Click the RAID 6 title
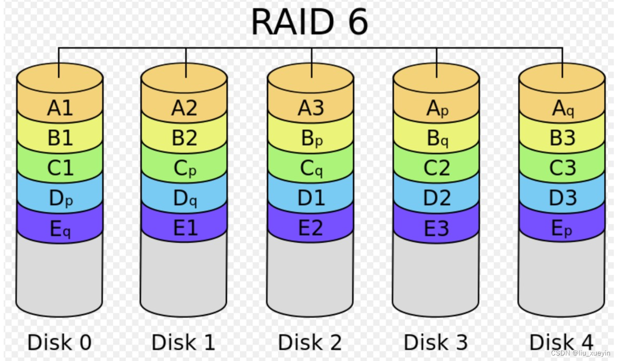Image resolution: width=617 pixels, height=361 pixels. [309, 22]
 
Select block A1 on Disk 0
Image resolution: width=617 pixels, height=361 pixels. [60, 108]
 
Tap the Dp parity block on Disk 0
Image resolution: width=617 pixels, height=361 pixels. [60, 198]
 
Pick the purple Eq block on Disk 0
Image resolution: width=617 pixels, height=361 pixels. [60, 228]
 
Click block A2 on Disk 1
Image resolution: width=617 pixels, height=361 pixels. [185, 108]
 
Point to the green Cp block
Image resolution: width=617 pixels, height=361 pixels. [185, 169]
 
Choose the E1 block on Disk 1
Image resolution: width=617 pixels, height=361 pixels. [185, 228]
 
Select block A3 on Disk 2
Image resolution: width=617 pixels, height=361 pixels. [311, 108]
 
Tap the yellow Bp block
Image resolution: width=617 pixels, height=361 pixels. [311, 139]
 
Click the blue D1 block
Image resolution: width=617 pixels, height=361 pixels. [311, 198]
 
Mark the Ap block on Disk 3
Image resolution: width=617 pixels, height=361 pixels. [437, 108]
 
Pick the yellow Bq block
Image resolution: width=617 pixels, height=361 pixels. [437, 139]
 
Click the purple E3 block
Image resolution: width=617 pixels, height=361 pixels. [437, 228]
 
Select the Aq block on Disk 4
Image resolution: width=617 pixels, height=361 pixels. [562, 108]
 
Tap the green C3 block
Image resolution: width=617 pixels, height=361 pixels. [562, 169]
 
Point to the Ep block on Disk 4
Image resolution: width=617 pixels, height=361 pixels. [562, 228]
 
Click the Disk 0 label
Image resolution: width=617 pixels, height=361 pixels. [60, 342]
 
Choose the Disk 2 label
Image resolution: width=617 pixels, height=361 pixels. [310, 342]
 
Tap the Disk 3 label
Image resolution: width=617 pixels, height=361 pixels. [436, 342]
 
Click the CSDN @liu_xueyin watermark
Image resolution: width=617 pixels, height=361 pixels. [581, 353]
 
